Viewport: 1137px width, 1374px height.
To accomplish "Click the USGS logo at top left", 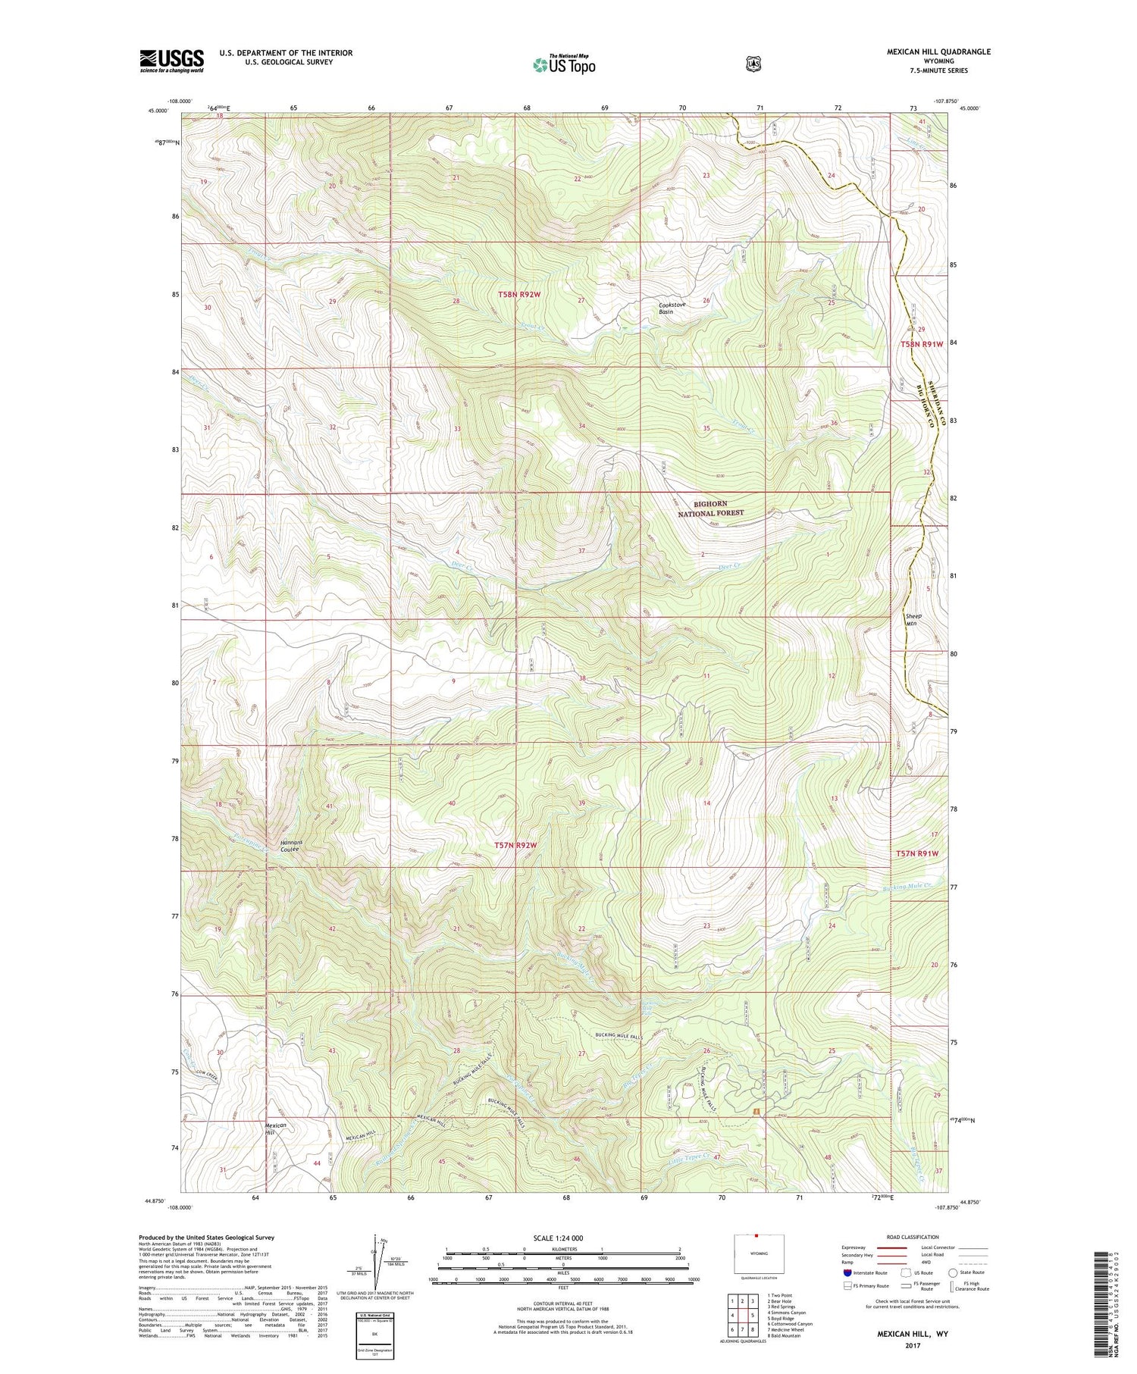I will [171, 61].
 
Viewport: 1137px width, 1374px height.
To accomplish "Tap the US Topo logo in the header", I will [564, 64].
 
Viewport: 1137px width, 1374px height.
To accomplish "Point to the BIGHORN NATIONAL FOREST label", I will [710, 508].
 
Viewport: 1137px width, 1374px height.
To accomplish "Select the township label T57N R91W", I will [917, 853].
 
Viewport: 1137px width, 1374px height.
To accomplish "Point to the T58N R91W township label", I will [922, 344].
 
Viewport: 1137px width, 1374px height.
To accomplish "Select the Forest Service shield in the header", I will [753, 64].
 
